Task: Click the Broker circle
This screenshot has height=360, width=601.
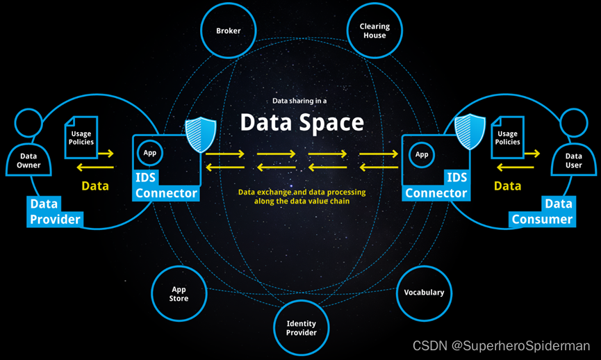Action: (229, 31)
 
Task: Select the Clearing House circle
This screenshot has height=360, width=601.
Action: (374, 31)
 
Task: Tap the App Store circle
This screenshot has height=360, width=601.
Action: (179, 294)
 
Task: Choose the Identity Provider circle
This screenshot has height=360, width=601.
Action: (302, 328)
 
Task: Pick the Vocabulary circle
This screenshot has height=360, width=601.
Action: (424, 293)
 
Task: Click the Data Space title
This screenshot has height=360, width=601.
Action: (302, 123)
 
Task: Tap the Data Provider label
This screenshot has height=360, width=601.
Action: (55, 211)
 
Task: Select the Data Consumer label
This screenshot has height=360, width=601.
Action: (543, 211)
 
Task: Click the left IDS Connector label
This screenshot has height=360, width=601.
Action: (166, 185)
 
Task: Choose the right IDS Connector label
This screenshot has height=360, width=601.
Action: (436, 185)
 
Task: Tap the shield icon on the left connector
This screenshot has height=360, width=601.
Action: (200, 135)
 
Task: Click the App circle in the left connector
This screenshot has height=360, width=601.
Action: (149, 153)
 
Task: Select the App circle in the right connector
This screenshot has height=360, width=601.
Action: (422, 154)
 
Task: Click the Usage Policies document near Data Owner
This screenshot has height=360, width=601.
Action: (81, 137)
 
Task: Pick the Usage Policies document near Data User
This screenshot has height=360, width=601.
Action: (507, 137)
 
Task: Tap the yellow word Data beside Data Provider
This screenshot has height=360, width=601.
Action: (95, 186)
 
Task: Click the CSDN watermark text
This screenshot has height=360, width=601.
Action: (501, 345)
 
